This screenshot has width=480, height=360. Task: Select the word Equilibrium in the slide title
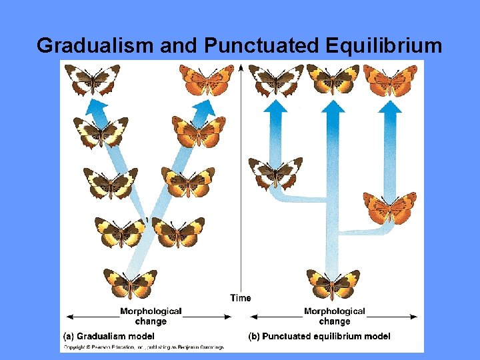click(385, 45)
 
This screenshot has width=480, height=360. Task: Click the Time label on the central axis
click(241, 298)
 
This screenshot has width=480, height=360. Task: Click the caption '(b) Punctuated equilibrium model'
click(319, 336)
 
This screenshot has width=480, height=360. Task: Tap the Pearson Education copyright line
click(144, 347)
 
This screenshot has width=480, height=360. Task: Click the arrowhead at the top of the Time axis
click(241, 69)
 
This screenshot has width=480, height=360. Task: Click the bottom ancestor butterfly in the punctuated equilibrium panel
click(333, 284)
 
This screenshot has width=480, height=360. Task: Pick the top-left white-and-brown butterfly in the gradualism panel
click(93, 79)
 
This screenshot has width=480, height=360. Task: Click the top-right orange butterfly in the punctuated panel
click(389, 79)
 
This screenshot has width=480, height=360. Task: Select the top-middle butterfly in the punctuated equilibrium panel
click(333, 79)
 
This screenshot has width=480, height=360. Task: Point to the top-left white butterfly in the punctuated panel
click(276, 79)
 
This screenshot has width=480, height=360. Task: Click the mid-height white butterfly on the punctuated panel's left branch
click(275, 173)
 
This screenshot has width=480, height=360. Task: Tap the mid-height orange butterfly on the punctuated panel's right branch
click(389, 207)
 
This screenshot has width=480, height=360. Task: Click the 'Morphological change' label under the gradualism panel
click(151, 316)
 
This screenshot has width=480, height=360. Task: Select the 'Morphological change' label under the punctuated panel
click(335, 316)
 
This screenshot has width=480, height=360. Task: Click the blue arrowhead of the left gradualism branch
click(97, 108)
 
